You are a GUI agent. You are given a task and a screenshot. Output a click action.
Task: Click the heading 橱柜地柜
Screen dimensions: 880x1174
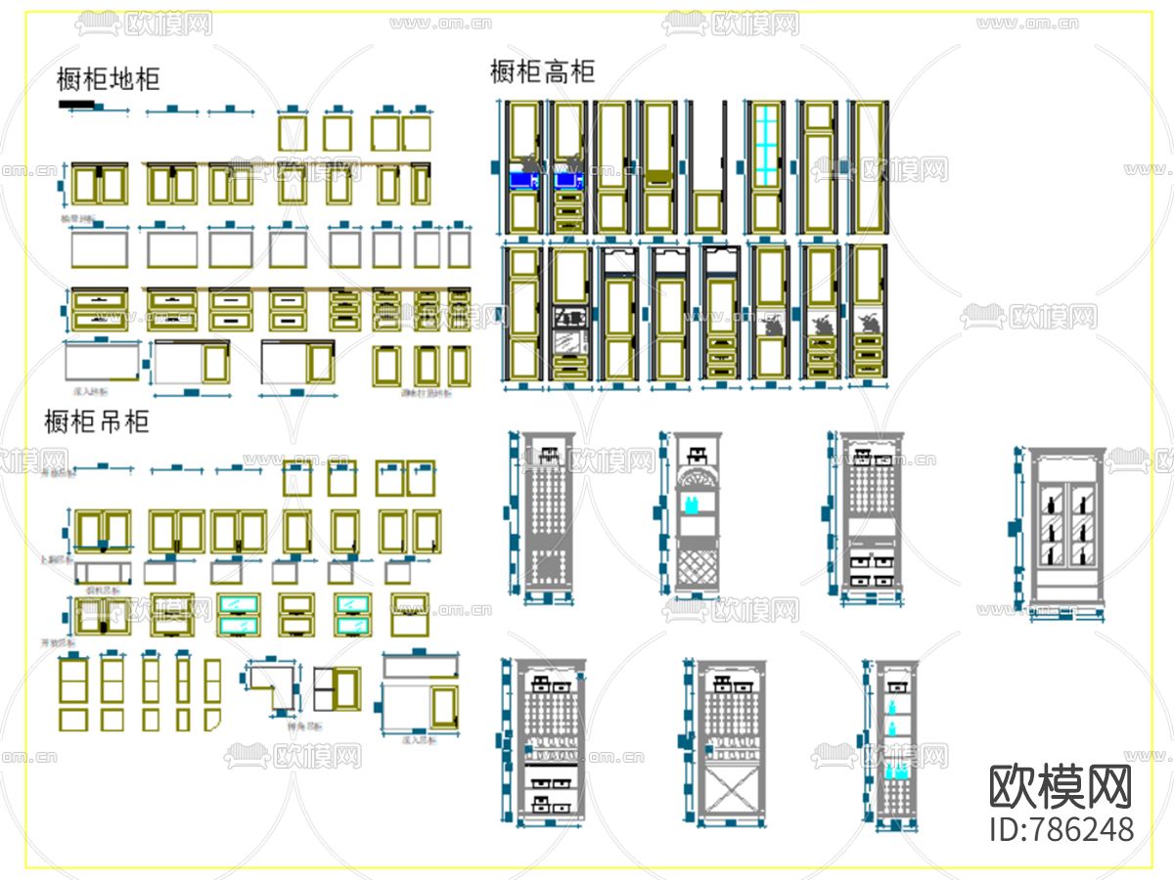click(108, 79)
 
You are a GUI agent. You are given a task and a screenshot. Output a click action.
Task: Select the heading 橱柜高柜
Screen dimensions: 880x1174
click(542, 71)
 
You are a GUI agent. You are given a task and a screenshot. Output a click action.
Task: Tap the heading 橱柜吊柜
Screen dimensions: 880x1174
click(97, 422)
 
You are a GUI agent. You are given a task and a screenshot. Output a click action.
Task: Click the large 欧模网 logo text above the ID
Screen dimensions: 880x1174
click(1061, 787)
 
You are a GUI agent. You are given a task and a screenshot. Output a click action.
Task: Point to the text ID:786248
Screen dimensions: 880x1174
click(1061, 830)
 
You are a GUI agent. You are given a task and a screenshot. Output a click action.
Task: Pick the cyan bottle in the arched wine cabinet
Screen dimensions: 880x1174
click(693, 506)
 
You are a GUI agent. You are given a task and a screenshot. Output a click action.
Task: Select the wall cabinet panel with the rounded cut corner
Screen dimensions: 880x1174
click(212, 720)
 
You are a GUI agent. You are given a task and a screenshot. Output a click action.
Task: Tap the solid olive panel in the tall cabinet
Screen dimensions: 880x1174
click(658, 177)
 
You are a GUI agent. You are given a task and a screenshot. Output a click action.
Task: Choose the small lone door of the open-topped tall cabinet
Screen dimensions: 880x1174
click(706, 212)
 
